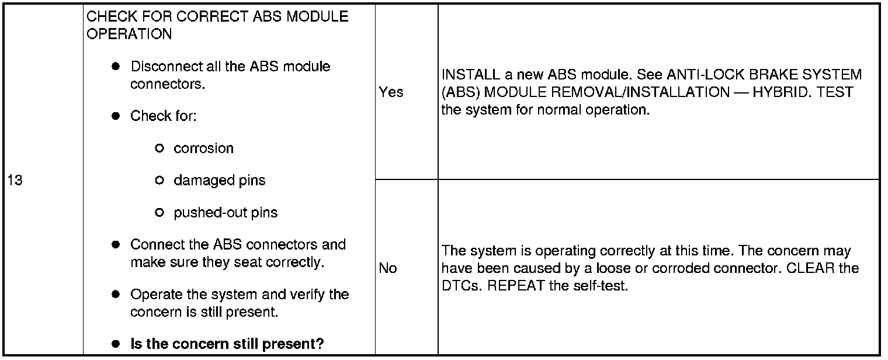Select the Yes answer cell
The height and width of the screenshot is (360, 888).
coord(391,92)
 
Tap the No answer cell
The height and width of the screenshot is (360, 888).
coord(387,269)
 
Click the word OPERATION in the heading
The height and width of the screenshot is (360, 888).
coord(129,34)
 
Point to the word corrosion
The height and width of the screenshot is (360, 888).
coord(203,148)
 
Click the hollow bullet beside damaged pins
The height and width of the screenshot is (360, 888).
coord(159,181)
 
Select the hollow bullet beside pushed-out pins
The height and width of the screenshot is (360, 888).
coord(159,213)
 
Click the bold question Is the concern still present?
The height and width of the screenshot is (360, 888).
coord(227,344)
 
